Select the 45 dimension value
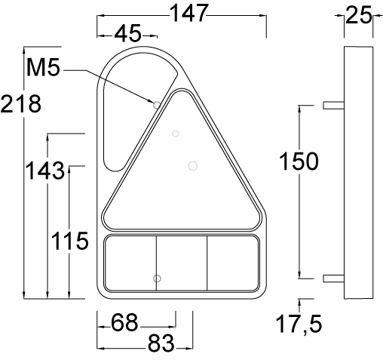pos(127,34)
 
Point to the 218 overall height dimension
pos(20,103)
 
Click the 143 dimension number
pos(44,170)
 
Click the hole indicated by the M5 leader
pos(157,105)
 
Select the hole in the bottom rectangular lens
pos(157,278)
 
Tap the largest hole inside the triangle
pos(192,165)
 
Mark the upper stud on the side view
pos(332,106)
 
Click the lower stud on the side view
pos(332,278)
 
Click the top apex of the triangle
pos(182,93)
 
